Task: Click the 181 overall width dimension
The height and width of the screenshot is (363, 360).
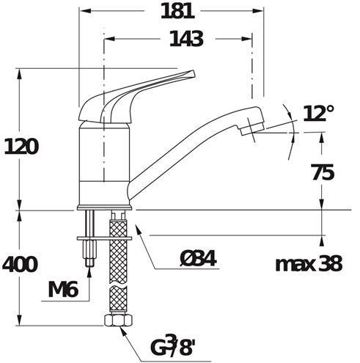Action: point(177,12)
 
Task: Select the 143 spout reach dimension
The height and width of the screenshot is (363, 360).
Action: point(186,39)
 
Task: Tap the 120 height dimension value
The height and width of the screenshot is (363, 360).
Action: point(21,147)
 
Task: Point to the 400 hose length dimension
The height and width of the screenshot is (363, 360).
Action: point(20,264)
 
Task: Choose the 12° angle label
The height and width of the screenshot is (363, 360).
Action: point(318,114)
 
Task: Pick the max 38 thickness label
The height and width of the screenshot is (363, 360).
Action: point(309,264)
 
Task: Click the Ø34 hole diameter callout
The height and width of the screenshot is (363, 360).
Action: point(198,259)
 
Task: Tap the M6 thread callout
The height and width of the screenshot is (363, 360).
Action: point(63,290)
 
